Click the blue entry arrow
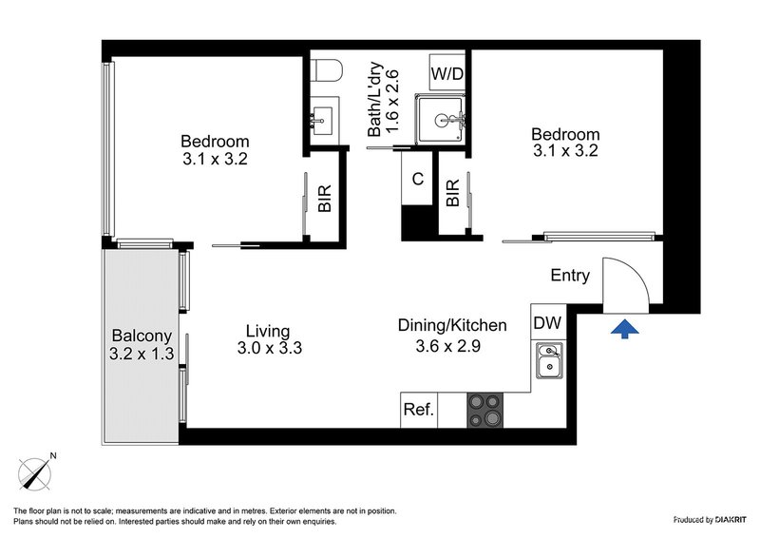[x=623, y=329]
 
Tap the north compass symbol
[x=36, y=471]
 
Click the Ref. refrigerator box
[x=419, y=411]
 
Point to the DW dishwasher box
[x=547, y=324]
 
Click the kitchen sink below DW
[x=548, y=363]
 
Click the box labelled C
[x=417, y=179]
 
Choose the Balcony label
[x=142, y=336]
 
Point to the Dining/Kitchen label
[x=451, y=325]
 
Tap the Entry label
[x=571, y=276]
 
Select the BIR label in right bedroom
[x=453, y=193]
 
